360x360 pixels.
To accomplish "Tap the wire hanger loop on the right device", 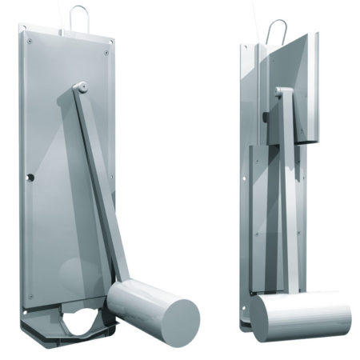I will tap(275, 30).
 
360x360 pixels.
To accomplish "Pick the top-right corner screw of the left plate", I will tap(107, 50).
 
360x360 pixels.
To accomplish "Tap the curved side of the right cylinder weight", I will tap(308, 314).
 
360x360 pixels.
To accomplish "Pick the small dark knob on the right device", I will tap(264, 118).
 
